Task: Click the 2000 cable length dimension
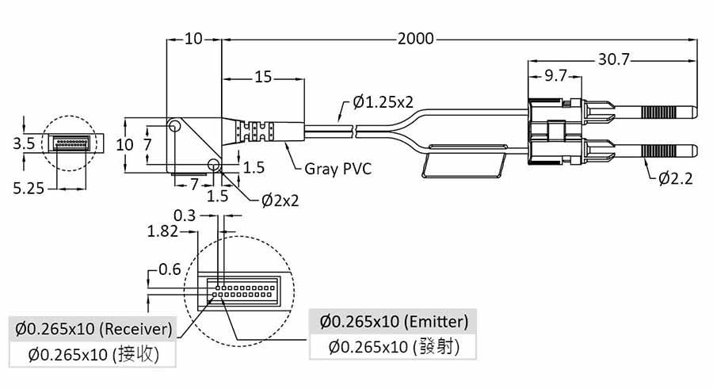[417, 38]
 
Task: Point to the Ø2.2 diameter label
[675, 178]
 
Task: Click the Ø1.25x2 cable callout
[383, 101]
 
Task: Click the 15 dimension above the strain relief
[263, 77]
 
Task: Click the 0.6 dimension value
[169, 269]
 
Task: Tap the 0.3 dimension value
[185, 215]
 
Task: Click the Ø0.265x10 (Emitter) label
[394, 322]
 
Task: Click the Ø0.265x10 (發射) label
[394, 346]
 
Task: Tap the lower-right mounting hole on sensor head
[212, 165]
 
